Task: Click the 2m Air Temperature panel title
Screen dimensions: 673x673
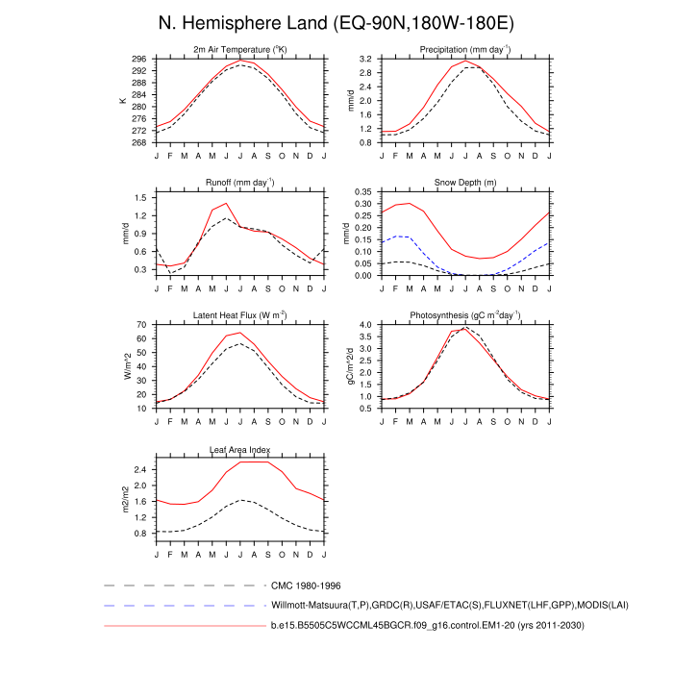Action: coord(240,49)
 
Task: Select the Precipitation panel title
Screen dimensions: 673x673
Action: coord(451,49)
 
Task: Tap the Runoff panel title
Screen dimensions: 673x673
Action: coord(240,182)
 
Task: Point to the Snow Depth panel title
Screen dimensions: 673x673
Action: coord(451,182)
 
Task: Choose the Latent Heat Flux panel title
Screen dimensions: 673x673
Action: coord(240,315)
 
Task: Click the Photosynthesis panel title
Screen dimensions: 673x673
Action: coord(451,315)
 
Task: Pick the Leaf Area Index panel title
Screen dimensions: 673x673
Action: coord(240,449)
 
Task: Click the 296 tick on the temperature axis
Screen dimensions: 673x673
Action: coord(139,59)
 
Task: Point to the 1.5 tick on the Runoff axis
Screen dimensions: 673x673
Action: coord(141,198)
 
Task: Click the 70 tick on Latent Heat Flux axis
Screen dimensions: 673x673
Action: coord(141,325)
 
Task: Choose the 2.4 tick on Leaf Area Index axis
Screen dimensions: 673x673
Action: coord(141,470)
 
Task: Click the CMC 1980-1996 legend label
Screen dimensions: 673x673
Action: coord(307,585)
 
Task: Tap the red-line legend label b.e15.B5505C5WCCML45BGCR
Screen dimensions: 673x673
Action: coord(426,626)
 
